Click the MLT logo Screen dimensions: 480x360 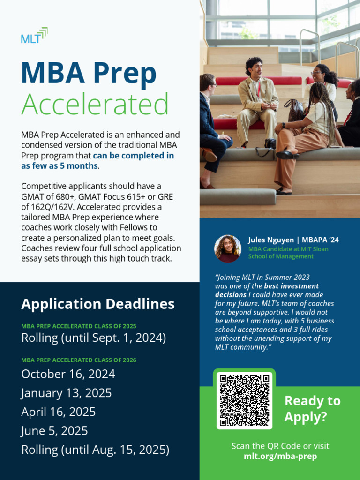pyautogui.click(x=34, y=36)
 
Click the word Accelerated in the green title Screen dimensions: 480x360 pyautogui.click(x=95, y=104)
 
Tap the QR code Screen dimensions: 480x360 pyautogui.click(x=245, y=400)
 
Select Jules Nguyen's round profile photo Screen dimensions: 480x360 pyautogui.click(x=228, y=248)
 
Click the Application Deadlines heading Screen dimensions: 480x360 pyautogui.click(x=97, y=304)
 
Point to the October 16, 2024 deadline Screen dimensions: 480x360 pyautogui.click(x=68, y=374)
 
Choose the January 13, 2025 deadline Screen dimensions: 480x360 pyautogui.click(x=66, y=393)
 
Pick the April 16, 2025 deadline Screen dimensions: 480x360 pyautogui.click(x=58, y=412)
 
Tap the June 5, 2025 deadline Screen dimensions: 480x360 pyautogui.click(x=54, y=430)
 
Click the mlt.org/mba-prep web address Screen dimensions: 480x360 pyautogui.click(x=280, y=456)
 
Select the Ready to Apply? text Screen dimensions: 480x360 pyautogui.click(x=312, y=409)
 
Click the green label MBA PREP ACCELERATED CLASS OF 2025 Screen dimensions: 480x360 pyautogui.click(x=79, y=326)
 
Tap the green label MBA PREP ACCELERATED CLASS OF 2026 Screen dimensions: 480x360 pyautogui.click(x=79, y=360)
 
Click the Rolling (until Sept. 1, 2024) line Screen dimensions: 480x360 pyautogui.click(x=93, y=337)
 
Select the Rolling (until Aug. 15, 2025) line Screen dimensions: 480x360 pyautogui.click(x=95, y=450)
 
